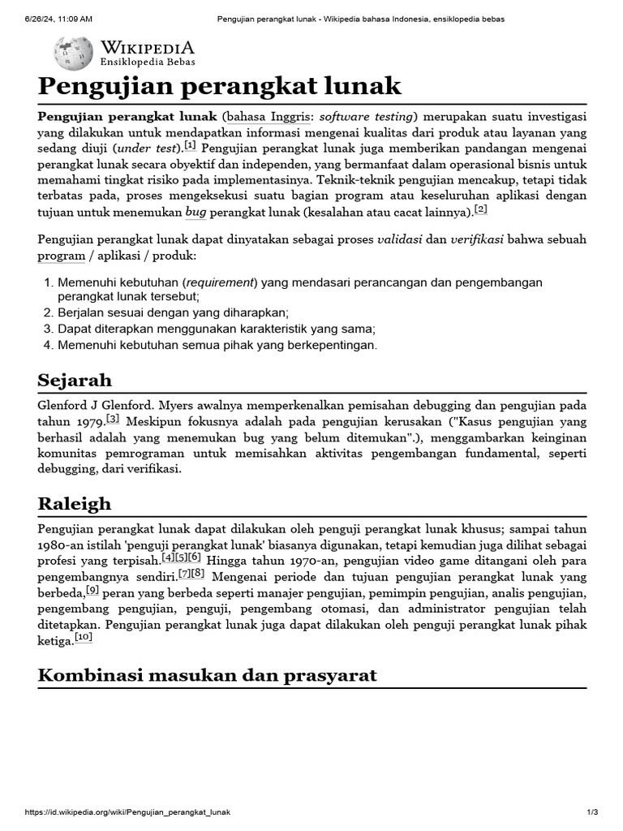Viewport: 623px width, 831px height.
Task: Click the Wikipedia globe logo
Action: pos(73,54)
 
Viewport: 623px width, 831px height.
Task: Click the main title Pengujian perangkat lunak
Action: pos(220,87)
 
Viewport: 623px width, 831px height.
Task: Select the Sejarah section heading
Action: pos(75,380)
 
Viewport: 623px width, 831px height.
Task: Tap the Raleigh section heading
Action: pos(75,504)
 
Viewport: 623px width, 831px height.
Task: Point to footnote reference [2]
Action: pos(480,209)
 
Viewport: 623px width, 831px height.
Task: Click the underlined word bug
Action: pos(195,212)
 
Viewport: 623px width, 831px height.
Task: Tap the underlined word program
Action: pos(61,256)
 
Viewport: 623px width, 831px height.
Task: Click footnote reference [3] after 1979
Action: pos(113,420)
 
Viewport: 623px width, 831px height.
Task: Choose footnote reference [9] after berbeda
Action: pos(92,591)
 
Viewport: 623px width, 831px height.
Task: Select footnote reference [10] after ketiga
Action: pos(84,638)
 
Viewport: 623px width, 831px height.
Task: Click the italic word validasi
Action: pos(400,240)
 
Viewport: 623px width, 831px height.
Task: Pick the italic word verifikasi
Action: pos(477,240)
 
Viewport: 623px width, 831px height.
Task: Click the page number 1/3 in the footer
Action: pos(592,812)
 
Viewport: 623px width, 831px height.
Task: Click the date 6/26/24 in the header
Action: pos(42,19)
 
